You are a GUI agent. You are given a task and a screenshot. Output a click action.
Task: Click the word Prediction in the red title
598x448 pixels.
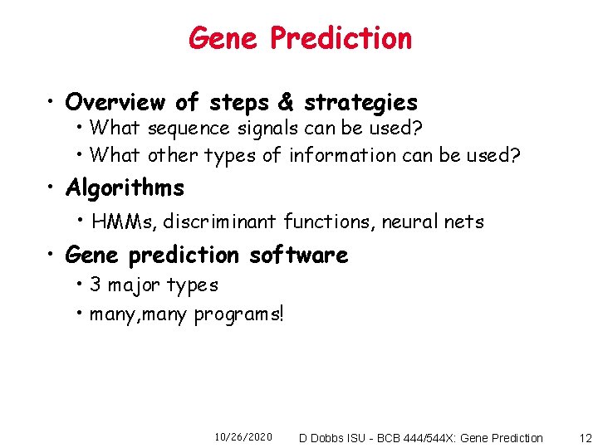click(x=341, y=38)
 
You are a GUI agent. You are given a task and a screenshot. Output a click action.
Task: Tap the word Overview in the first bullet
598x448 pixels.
click(x=115, y=102)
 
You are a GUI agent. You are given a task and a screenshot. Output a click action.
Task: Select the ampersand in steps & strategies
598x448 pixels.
click(x=286, y=102)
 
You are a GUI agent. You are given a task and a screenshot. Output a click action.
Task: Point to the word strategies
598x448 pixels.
click(x=360, y=103)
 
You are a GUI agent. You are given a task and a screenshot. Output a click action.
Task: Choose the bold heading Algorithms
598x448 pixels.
click(x=125, y=188)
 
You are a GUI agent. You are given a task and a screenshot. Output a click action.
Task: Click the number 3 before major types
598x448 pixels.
click(x=95, y=285)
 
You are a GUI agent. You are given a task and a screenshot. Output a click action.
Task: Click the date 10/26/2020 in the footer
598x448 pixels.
click(x=243, y=437)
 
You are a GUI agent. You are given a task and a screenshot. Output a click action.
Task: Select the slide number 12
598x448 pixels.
click(x=586, y=437)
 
